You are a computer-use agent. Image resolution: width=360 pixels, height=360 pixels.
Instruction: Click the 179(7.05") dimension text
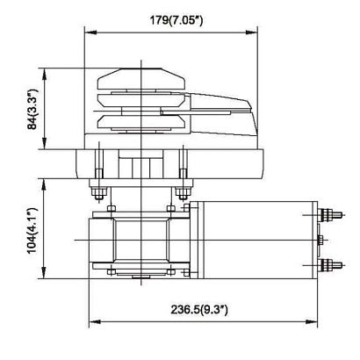173,19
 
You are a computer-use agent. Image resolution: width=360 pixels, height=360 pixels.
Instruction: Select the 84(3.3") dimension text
32,110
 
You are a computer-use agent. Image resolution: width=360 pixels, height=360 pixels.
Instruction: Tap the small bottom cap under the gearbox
141,279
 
